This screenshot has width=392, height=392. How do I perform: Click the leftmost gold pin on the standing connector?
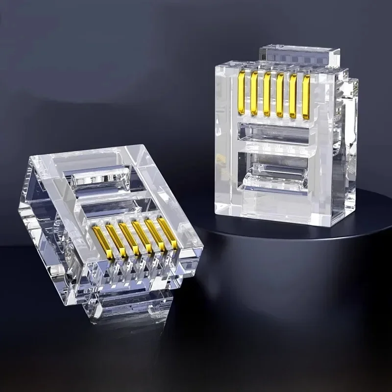tap(241, 93)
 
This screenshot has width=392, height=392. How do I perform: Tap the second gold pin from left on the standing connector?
tap(254, 94)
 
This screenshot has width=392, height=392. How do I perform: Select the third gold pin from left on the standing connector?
tap(267, 94)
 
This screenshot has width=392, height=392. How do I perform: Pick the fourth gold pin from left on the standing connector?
tap(279, 95)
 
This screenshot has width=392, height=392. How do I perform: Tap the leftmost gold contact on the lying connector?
tap(103, 242)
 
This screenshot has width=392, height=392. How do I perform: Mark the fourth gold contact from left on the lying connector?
tap(142, 237)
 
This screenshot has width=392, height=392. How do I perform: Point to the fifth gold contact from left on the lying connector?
tap(155, 235)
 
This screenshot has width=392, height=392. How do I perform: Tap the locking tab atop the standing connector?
tap(300, 55)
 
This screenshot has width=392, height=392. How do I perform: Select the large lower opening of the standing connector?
tap(274, 171)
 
